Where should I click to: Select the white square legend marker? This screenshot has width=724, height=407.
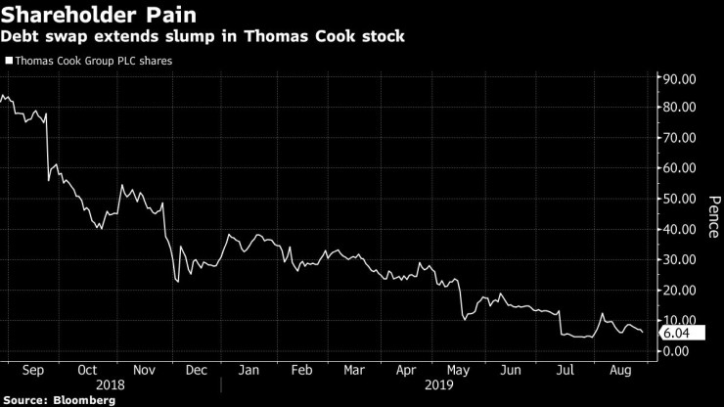(x=9, y=61)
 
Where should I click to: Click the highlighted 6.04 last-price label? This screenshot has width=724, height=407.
(x=678, y=333)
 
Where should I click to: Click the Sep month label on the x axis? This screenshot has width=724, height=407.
(x=29, y=371)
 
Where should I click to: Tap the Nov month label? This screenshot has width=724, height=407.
(x=145, y=371)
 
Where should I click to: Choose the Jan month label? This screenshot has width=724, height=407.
(x=250, y=371)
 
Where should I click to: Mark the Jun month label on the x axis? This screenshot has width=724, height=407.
(x=511, y=371)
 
